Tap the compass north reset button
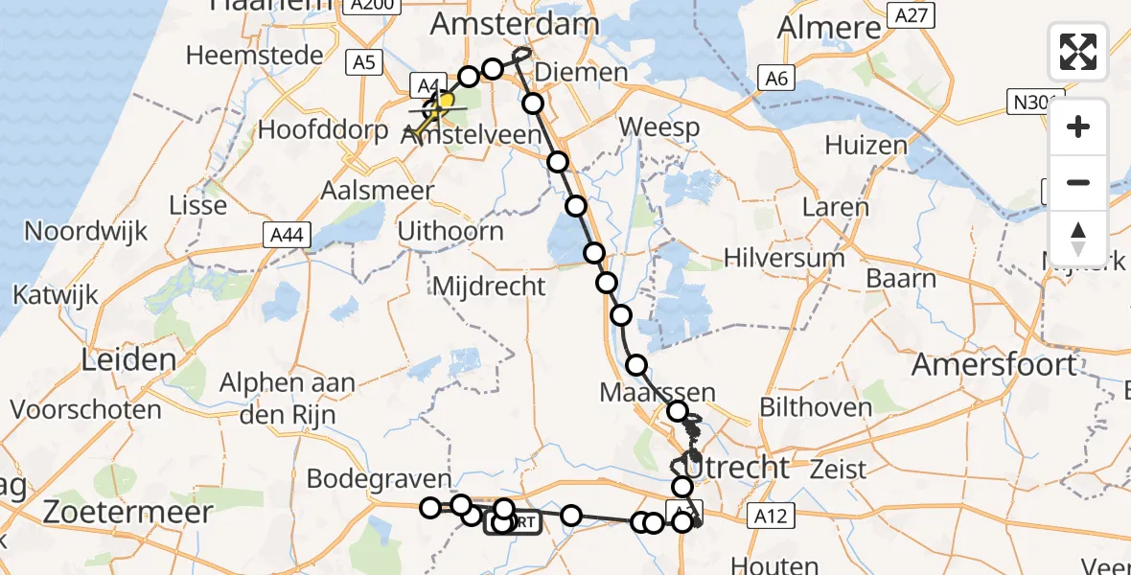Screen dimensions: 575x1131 pos(1078,238)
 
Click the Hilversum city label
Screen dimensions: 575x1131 pos(784,258)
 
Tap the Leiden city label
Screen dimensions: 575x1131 pos(116,360)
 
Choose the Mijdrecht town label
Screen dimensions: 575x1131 pos(489,286)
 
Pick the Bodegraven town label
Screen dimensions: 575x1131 pos(379,478)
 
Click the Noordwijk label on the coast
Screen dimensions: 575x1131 pos(86,231)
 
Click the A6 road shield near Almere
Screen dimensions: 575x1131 pos(775,79)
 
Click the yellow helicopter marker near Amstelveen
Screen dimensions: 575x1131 pos(444,103)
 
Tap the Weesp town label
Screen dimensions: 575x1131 pos(658,126)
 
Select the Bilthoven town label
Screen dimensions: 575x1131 pos(815,407)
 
